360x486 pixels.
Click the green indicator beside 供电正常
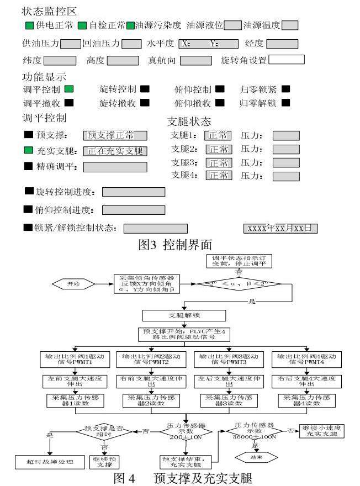tap(29, 25)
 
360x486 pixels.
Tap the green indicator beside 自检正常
tap(82, 25)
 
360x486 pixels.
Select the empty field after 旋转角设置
tap(287, 60)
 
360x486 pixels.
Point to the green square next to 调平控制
tap(70, 88)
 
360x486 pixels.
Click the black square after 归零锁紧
tap(285, 88)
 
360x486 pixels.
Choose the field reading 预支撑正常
tap(115, 135)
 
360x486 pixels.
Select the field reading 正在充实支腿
tap(115, 151)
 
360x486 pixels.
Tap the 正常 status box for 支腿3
tap(219, 162)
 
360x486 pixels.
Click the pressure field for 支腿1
tap(286, 135)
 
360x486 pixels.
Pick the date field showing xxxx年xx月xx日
tap(280, 228)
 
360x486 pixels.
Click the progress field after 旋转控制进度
tap(134, 192)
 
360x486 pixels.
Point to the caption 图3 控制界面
tap(175, 245)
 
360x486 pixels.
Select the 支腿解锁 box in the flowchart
tap(184, 315)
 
